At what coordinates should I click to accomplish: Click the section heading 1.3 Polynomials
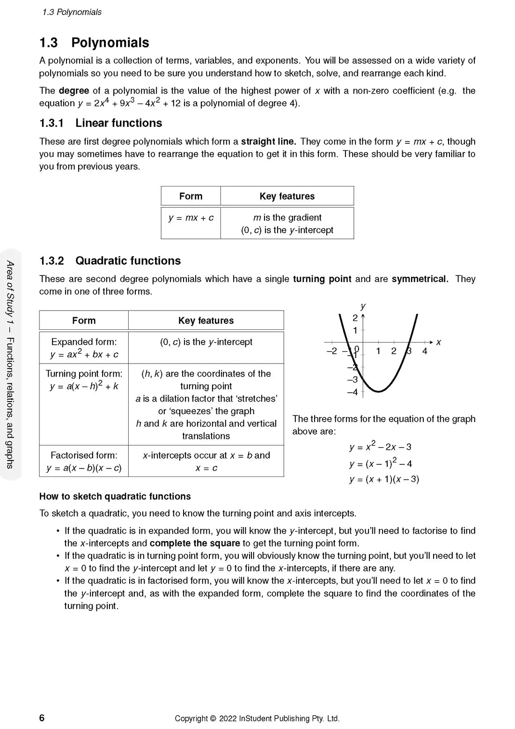coord(94,43)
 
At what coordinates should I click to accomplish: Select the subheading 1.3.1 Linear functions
coord(101,123)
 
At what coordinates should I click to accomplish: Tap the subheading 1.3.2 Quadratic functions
coord(110,261)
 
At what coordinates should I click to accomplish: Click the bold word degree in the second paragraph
coord(74,91)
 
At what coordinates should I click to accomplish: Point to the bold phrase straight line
coord(268,141)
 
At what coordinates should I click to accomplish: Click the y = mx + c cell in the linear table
coord(191,218)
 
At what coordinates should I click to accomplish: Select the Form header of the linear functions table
coord(191,196)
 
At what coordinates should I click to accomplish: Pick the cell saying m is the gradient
coord(287,218)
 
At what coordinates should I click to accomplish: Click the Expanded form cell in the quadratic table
coord(84,348)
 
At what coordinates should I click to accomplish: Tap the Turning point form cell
coord(84,380)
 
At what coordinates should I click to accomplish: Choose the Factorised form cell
coord(84,461)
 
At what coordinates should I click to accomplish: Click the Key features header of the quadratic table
coord(206,321)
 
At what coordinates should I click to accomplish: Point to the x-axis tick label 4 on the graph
coord(425,351)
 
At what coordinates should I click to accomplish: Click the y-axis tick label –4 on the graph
coord(353,392)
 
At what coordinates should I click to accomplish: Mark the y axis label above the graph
coord(363,306)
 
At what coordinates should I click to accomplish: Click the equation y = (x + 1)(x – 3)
coord(384,479)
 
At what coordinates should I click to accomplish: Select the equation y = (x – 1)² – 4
coord(380,463)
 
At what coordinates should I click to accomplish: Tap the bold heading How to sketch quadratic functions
coord(115,497)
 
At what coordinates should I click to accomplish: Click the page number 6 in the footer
coord(42,718)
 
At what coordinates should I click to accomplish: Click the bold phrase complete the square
coord(195,543)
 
